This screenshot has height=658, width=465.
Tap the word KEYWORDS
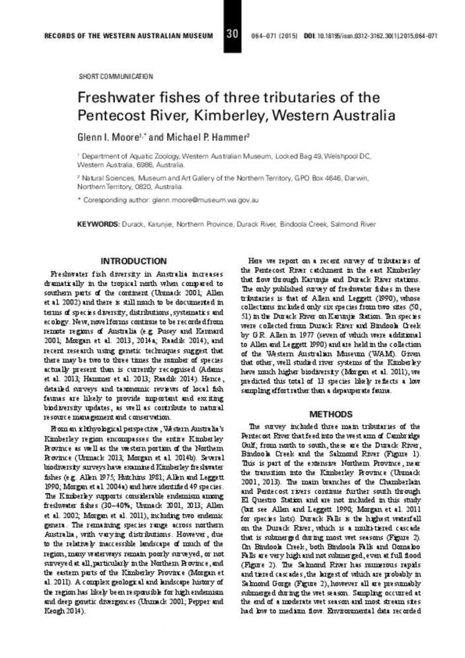coord(98,225)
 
